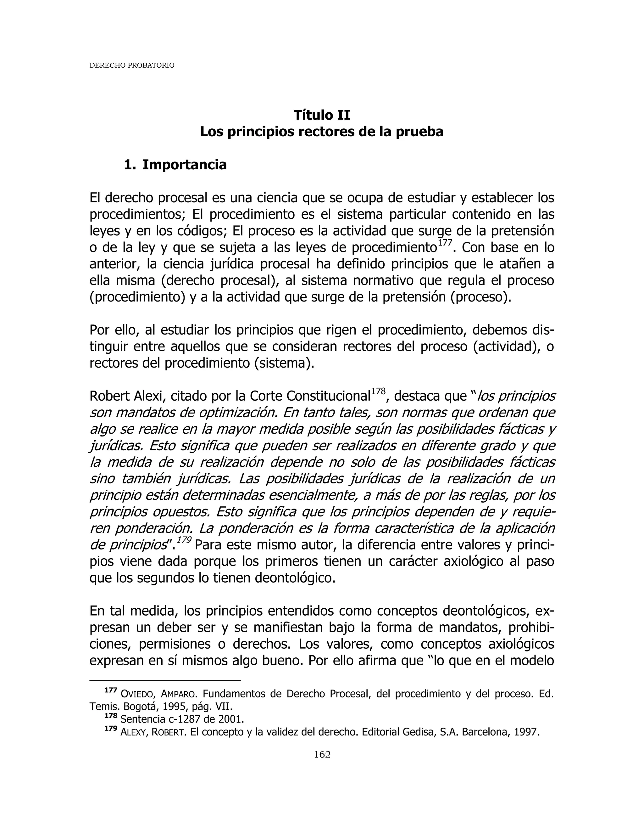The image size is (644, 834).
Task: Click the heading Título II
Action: click(x=322, y=115)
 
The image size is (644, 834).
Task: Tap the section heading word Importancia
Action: click(x=184, y=165)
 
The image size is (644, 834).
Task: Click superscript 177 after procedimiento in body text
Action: click(x=444, y=243)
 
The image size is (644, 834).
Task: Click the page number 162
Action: click(x=322, y=755)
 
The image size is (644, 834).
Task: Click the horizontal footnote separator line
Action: click(x=165, y=680)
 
